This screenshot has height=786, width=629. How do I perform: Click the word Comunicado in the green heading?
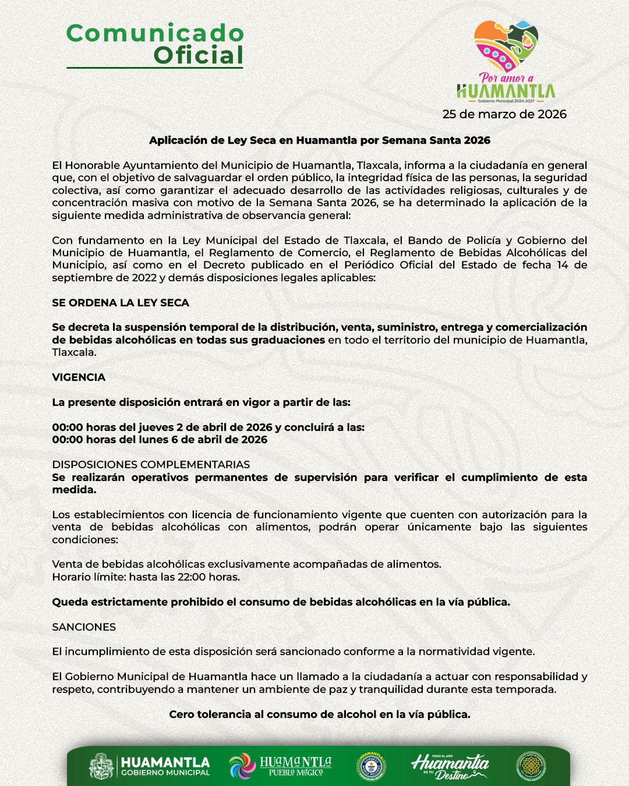pyautogui.click(x=155, y=33)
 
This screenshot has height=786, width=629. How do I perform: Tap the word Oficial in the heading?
pyautogui.click(x=199, y=55)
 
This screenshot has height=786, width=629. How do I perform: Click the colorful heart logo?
pyautogui.click(x=506, y=46)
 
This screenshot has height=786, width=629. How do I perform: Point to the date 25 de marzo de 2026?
pyautogui.click(x=504, y=114)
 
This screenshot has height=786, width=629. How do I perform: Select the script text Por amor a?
pyautogui.click(x=506, y=78)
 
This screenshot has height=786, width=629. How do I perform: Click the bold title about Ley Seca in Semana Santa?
pyautogui.click(x=320, y=140)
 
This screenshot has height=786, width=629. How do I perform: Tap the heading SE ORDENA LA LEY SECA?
pyautogui.click(x=121, y=303)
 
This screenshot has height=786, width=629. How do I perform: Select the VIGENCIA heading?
pyautogui.click(x=79, y=377)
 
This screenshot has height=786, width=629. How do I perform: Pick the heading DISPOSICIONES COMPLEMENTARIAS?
pyautogui.click(x=151, y=465)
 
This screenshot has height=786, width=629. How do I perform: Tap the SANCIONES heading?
pyautogui.click(x=84, y=627)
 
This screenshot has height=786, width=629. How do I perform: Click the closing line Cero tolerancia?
pyautogui.click(x=320, y=714)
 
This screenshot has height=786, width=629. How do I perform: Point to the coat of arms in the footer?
pyautogui.click(x=101, y=766)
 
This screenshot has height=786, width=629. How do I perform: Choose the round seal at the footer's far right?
pyautogui.click(x=531, y=766)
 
